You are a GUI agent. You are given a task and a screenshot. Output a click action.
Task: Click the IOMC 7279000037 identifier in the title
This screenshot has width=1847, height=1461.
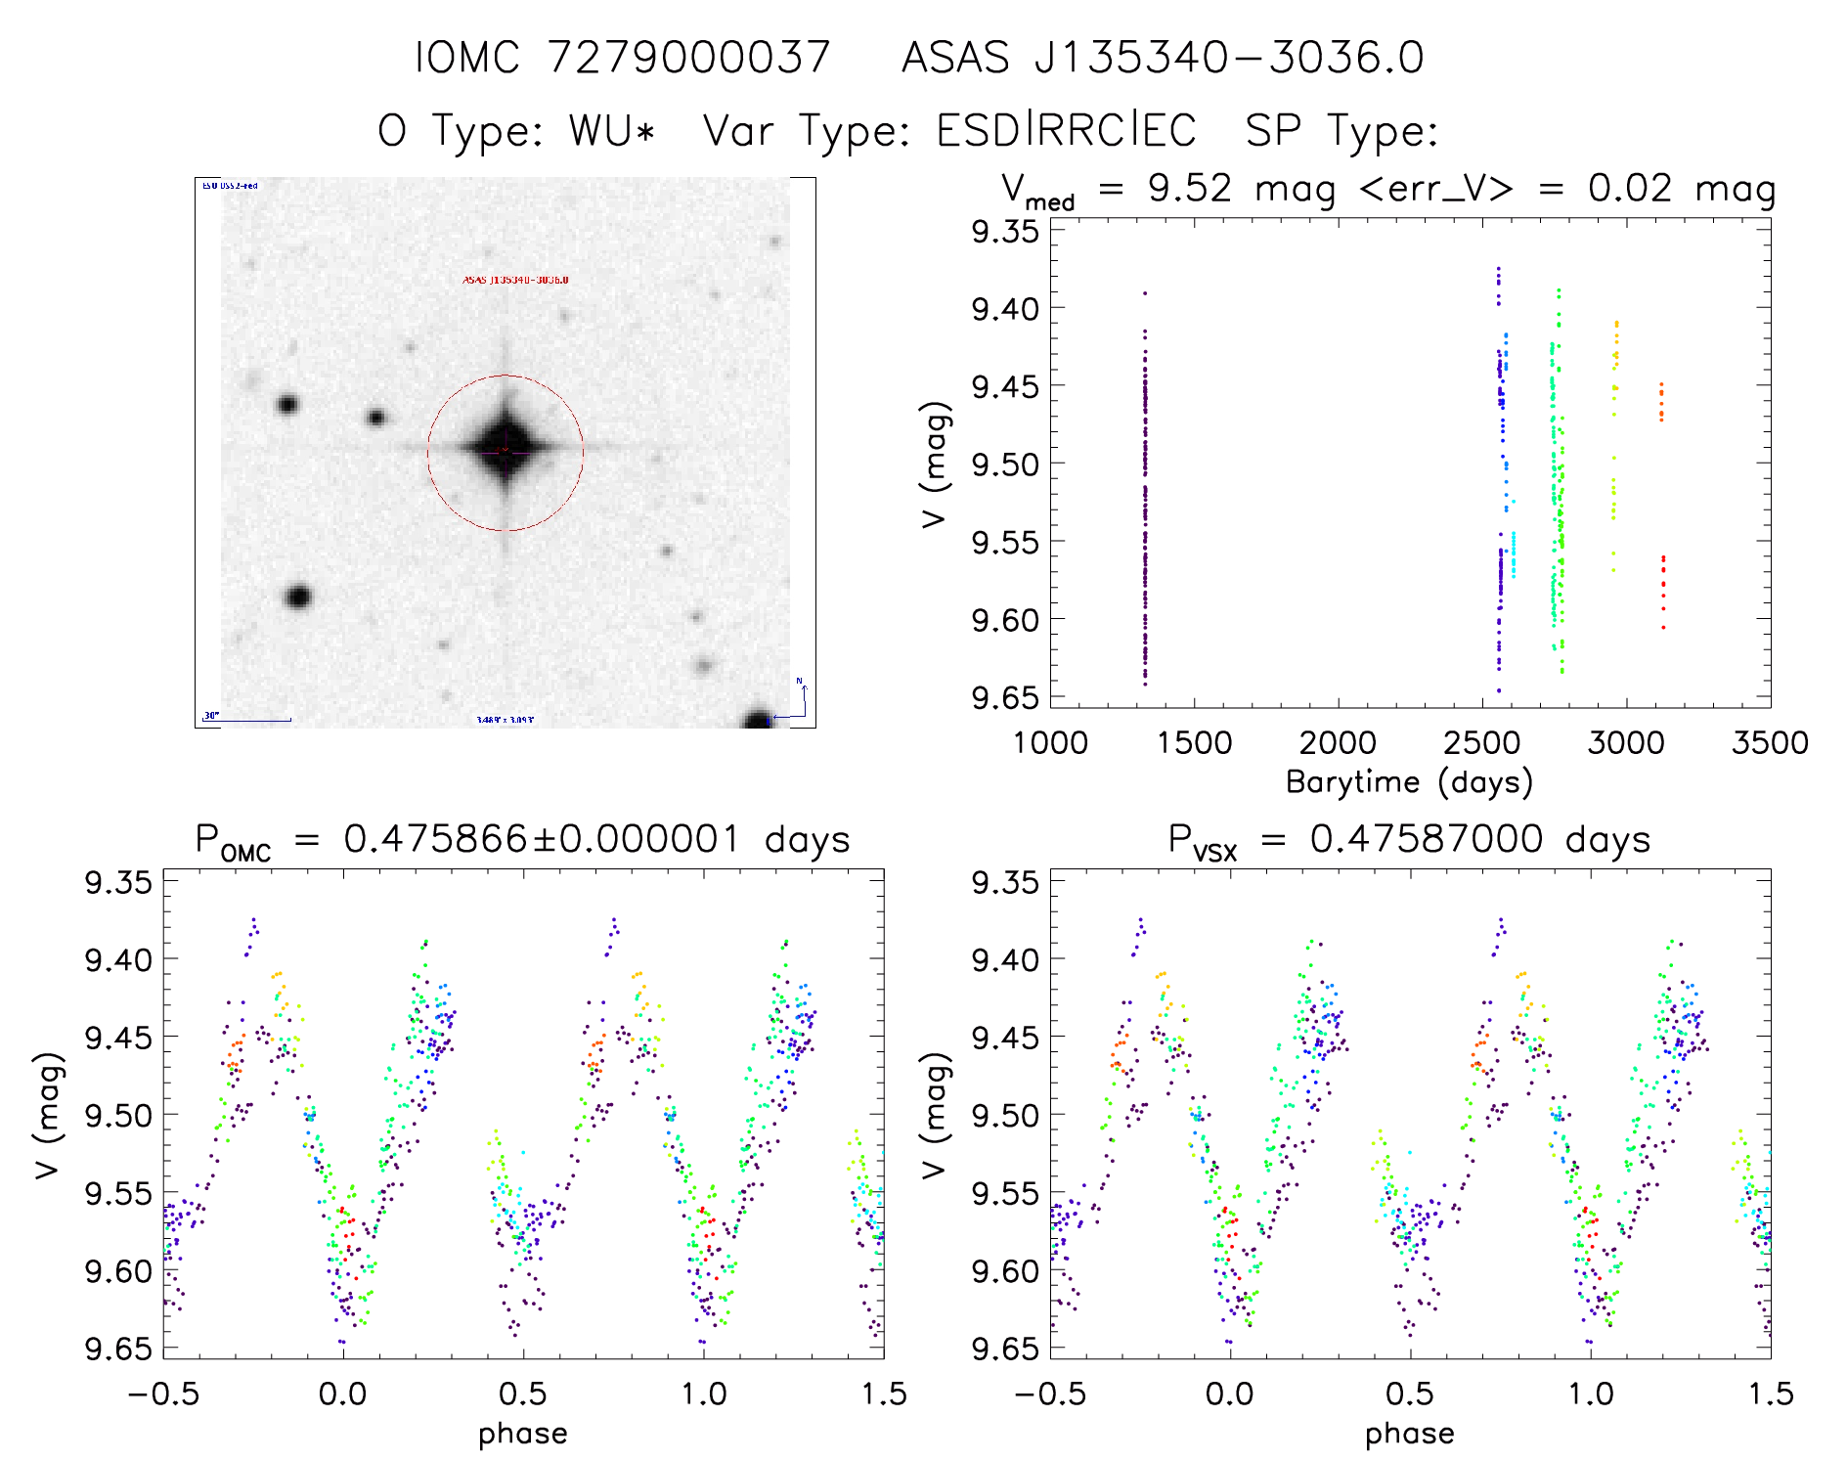(x=623, y=58)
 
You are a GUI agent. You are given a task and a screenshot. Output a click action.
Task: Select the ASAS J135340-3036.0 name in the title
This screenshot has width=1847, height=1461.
(x=1163, y=58)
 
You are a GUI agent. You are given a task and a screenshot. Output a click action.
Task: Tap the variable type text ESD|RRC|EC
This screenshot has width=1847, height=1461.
(x=1066, y=130)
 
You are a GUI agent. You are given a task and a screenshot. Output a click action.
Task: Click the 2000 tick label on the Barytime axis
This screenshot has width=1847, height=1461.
(x=1338, y=743)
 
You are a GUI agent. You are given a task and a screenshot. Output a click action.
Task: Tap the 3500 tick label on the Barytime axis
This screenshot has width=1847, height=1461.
(x=1769, y=743)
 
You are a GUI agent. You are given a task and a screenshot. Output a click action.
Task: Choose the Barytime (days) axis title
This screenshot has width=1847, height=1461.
(x=1409, y=782)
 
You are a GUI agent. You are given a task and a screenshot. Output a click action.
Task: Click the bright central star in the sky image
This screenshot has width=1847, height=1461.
(x=505, y=451)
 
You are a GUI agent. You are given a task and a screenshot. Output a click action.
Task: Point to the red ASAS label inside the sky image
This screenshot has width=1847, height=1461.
(x=515, y=281)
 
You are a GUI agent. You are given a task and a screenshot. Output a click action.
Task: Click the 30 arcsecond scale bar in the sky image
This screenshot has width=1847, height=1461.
(x=248, y=720)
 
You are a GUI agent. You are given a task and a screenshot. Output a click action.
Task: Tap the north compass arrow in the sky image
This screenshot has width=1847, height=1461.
(x=804, y=696)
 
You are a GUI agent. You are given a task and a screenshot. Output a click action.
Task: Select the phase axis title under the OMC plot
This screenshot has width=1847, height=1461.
(x=522, y=1434)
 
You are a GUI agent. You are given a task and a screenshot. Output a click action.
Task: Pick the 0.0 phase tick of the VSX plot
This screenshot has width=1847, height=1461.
(x=1229, y=1394)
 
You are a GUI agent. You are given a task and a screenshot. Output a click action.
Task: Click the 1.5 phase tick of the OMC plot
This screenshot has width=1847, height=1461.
(x=884, y=1394)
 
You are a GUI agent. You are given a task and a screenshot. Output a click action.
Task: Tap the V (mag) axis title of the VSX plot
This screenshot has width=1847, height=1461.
(x=935, y=1115)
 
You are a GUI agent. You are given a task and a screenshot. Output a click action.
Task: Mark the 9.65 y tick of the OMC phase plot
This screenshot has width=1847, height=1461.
(x=118, y=1349)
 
